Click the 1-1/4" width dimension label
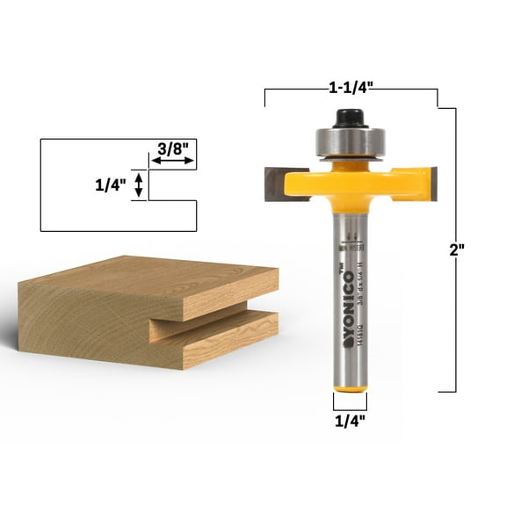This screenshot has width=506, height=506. (350, 88)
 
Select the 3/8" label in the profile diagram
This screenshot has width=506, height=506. (171, 149)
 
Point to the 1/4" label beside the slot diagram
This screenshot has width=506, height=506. (111, 186)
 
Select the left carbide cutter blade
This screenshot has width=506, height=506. (279, 184)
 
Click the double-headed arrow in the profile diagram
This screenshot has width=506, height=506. (137, 186)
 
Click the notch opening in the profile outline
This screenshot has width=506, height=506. (171, 186)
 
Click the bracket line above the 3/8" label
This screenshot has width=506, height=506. (171, 164)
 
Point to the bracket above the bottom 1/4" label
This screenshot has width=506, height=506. (349, 403)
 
